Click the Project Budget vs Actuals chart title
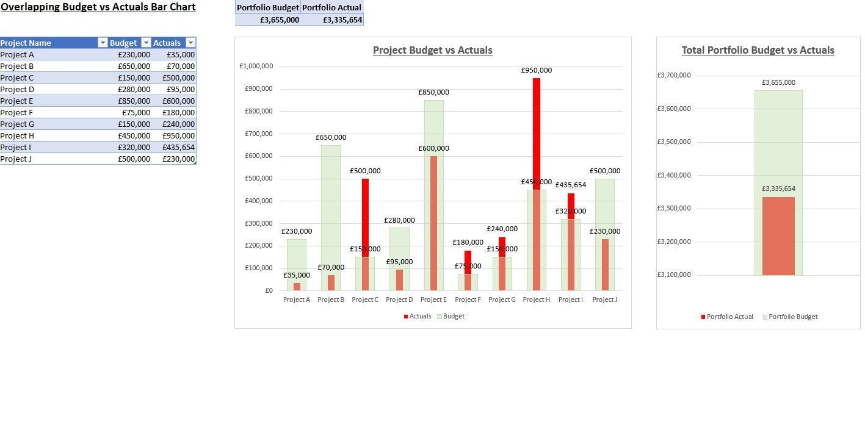pyautogui.click(x=432, y=51)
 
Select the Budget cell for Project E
pyautogui.click(x=129, y=101)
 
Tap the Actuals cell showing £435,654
pyautogui.click(x=174, y=148)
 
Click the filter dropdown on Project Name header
pyautogui.click(x=102, y=43)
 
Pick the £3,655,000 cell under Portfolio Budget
pyautogui.click(x=268, y=20)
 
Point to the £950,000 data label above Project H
pyautogui.click(x=536, y=70)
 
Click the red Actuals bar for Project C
pyautogui.click(x=365, y=213)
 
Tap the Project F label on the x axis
pyautogui.click(x=468, y=300)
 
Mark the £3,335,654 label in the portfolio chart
pyautogui.click(x=778, y=189)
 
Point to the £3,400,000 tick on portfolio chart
pyautogui.click(x=673, y=175)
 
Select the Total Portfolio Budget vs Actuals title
pyautogui.click(x=758, y=51)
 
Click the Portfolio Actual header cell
pyautogui.click(x=332, y=7)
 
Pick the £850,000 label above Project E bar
pyautogui.click(x=433, y=92)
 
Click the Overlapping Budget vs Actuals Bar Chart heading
pyautogui.click(x=98, y=7)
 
